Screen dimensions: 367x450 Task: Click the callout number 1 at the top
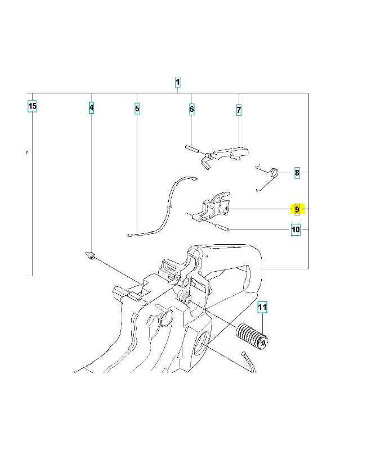177,82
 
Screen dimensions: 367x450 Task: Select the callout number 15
32,106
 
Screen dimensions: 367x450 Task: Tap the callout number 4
91,108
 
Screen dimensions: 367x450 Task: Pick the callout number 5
137,109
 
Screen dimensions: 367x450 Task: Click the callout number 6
192,109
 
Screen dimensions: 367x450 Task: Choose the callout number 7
239,110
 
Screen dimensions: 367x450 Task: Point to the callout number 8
297,173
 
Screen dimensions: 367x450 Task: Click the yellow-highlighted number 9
297,209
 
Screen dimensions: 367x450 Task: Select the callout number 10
296,229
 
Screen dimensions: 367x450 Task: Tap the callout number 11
262,307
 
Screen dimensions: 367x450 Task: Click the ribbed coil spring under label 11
252,336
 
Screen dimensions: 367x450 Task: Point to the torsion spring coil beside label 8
275,173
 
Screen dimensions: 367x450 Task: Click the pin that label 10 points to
222,227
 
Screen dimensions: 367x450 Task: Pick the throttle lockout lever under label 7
226,156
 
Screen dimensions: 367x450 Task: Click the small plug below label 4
91,255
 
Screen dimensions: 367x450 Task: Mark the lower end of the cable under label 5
130,235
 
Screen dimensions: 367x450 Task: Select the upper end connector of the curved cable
195,179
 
